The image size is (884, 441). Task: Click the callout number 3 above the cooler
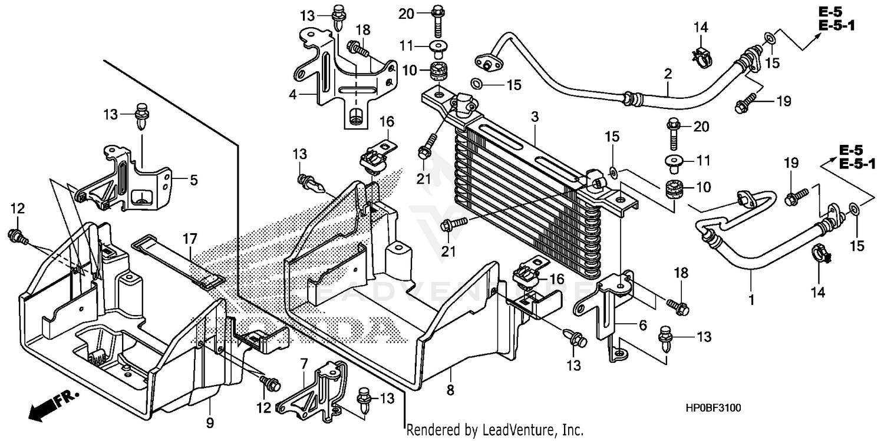pos(534,118)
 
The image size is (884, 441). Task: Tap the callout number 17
pos(189,239)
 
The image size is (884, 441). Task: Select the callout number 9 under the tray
pos(210,422)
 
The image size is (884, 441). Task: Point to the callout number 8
pos(450,389)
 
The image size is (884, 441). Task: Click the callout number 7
pos(304,364)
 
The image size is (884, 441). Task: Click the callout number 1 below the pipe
pos(751,300)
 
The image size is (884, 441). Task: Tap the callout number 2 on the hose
pos(668,74)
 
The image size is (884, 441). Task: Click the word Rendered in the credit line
pos(430,430)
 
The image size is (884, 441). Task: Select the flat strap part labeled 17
pos(177,262)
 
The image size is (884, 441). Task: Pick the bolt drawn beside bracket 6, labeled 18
pos(678,306)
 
